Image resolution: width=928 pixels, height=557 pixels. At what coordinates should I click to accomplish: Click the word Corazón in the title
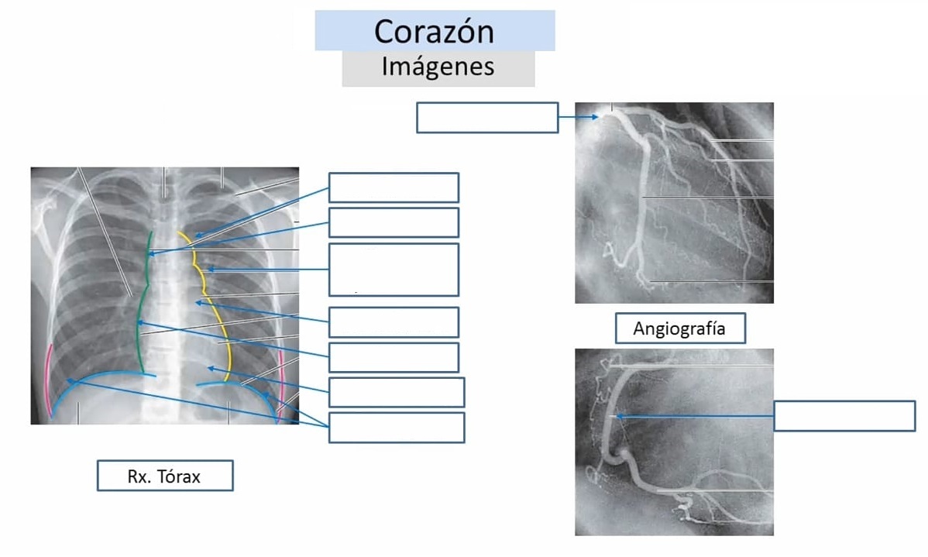434,31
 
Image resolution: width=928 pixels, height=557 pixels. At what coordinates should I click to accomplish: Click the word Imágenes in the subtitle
438,67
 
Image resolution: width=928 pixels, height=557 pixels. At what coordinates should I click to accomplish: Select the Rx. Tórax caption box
165,476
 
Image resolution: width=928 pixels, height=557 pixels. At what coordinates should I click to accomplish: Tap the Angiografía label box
680,328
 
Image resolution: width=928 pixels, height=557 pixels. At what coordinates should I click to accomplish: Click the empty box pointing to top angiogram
487,117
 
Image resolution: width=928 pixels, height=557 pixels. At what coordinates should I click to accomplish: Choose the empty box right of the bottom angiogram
844,415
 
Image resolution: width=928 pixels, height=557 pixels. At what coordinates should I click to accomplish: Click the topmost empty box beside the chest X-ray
394,187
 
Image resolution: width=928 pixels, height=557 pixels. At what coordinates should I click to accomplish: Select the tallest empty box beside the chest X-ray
394,270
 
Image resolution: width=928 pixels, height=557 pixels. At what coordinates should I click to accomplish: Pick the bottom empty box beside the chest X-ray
397,428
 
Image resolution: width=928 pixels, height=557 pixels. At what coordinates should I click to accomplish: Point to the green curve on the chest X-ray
140,302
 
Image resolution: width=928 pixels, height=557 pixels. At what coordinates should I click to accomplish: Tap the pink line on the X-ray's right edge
282,385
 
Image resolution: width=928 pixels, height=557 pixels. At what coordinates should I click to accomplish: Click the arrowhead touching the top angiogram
596,117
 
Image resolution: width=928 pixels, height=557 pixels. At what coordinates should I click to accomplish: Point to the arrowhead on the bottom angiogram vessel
620,417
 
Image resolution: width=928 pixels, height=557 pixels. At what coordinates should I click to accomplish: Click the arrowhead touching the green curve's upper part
152,254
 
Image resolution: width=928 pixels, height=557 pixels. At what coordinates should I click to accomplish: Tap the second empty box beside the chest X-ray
394,222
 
